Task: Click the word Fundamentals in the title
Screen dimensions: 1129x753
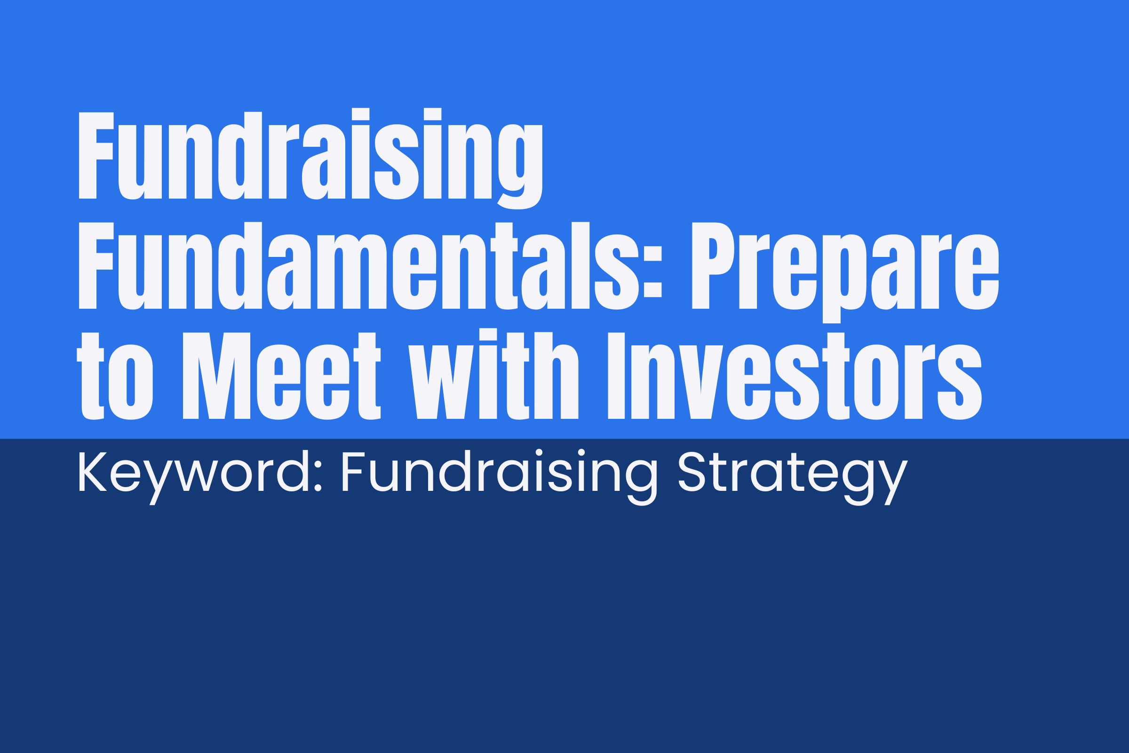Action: tap(370, 265)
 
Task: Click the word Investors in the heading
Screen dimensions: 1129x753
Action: tap(795, 376)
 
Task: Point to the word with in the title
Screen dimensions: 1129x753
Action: tap(493, 374)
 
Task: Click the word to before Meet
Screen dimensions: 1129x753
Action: tap(115, 376)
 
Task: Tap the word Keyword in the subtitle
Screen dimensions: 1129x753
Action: tap(190, 477)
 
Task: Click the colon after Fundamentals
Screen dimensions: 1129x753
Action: tap(653, 272)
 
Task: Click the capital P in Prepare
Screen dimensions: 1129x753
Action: tap(713, 265)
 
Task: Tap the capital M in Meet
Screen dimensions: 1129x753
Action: tap(216, 376)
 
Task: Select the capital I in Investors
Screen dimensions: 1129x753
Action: tap(616, 376)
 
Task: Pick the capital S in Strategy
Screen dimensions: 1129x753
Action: tap(692, 472)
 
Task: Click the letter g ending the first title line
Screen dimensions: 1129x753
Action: tap(520, 167)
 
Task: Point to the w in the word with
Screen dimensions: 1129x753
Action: tap(441, 382)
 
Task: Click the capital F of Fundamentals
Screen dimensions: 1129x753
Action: tap(96, 265)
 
